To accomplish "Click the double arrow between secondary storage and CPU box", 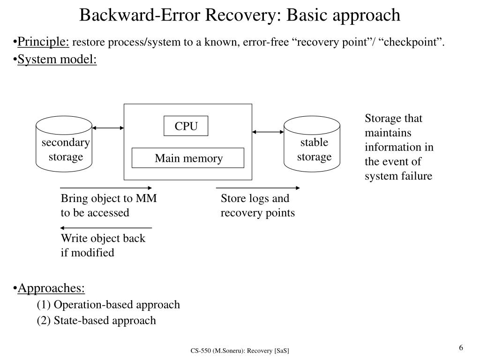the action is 108,128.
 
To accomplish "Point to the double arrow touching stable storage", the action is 268,132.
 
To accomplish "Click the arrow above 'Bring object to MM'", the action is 106,188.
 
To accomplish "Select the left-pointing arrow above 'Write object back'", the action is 106,228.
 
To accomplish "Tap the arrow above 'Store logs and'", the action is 258,188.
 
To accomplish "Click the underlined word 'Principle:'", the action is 44,42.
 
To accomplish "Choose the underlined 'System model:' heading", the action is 57,59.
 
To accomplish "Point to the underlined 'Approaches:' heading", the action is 51,288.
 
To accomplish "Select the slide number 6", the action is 461,347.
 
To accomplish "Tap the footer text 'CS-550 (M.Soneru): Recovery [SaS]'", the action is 240,351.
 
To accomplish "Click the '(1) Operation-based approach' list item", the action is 108,305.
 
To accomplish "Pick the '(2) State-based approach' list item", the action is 97,321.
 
